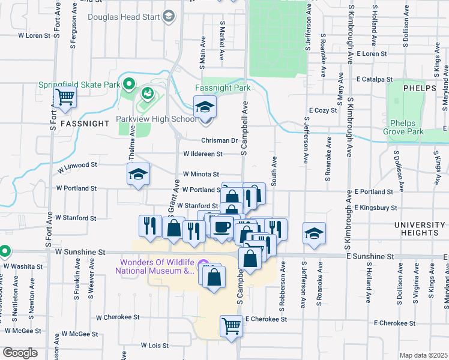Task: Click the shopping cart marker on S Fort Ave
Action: (65, 97)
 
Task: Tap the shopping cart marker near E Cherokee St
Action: (231, 326)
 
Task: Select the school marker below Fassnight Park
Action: (205, 107)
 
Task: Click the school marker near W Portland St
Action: (137, 175)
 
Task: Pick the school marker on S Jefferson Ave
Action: (314, 233)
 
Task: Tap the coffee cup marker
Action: (222, 227)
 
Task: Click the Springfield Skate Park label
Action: (80, 85)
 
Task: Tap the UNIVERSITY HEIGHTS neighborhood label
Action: (420, 224)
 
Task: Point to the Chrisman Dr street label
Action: (219, 140)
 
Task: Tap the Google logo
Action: (19, 353)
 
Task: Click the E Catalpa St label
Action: (373, 79)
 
